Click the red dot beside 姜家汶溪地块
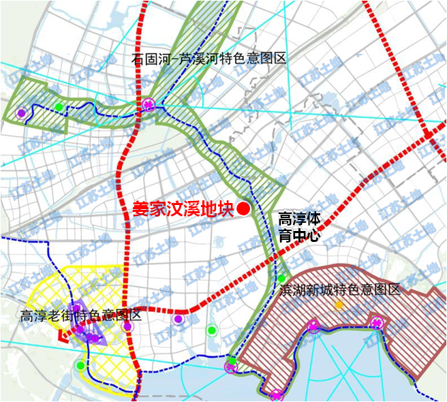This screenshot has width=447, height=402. tap(244, 209)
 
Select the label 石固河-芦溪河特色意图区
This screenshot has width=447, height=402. tap(209, 59)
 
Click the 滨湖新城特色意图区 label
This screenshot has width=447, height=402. tap(339, 290)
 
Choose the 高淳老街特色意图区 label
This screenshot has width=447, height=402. tap(80, 315)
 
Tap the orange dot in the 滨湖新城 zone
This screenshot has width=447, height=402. tap(339, 304)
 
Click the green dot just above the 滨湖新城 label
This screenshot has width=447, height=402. tap(281, 278)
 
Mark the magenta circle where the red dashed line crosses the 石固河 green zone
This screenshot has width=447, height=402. tap(149, 104)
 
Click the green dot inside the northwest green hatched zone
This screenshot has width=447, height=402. tap(60, 106)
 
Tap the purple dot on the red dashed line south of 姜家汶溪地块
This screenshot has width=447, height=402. tap(178, 318)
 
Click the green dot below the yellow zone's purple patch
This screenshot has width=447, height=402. tap(81, 365)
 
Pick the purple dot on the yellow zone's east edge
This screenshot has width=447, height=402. tap(127, 326)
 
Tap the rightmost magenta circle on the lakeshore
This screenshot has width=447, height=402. tap(375, 322)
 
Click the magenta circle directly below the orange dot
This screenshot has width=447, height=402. tap(313, 326)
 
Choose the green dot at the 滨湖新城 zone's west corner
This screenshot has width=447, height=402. tap(232, 361)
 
